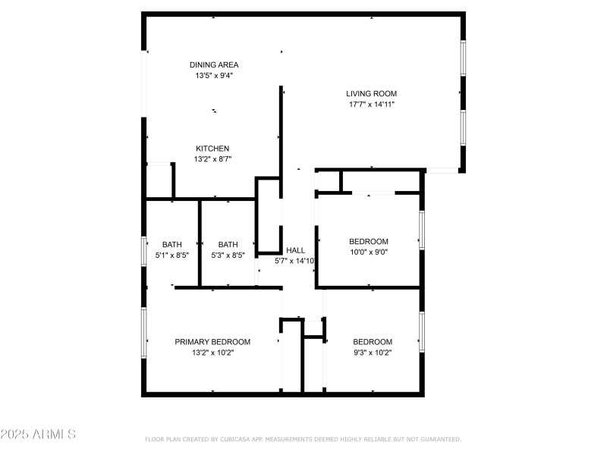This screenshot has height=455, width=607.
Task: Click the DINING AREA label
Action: coord(214,65)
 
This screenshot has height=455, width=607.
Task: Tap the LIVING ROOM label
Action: coord(371,93)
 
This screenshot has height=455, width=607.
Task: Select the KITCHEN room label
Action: coord(212,149)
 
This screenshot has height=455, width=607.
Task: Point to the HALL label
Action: coord(295,250)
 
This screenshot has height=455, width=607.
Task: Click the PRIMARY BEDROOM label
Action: coord(212,342)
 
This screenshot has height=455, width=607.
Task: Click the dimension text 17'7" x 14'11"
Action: coord(372,104)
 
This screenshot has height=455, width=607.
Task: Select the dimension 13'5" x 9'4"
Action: coord(214,75)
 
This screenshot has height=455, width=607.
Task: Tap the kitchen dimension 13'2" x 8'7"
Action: coord(212,159)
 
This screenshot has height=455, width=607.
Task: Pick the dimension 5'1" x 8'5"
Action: coord(172,256)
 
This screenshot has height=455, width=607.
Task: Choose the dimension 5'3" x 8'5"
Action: coord(228,256)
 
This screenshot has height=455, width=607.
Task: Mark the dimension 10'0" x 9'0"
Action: coord(369,253)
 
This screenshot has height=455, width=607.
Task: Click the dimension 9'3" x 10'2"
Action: coord(373,353)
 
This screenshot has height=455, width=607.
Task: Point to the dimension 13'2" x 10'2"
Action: coord(212,353)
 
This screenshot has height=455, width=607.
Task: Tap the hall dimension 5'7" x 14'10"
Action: coord(294,261)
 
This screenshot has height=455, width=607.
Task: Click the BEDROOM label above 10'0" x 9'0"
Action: coord(369,242)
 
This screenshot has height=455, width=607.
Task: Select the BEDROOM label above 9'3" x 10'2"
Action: coord(373,342)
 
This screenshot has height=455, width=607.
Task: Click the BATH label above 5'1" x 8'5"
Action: coord(172,245)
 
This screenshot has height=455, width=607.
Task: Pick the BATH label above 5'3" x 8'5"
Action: coord(228,245)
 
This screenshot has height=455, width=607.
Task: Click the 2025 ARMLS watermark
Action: coord(38,434)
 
